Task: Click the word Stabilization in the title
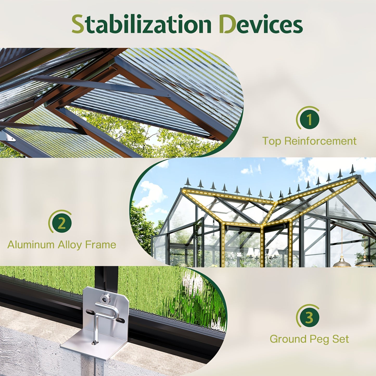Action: (141, 24)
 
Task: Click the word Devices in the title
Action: (261, 24)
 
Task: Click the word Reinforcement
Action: (320, 141)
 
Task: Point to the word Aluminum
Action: (30, 245)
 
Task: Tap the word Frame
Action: (100, 245)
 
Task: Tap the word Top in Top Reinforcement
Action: (272, 141)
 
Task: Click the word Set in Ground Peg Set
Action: (340, 339)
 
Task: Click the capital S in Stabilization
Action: (78, 24)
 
